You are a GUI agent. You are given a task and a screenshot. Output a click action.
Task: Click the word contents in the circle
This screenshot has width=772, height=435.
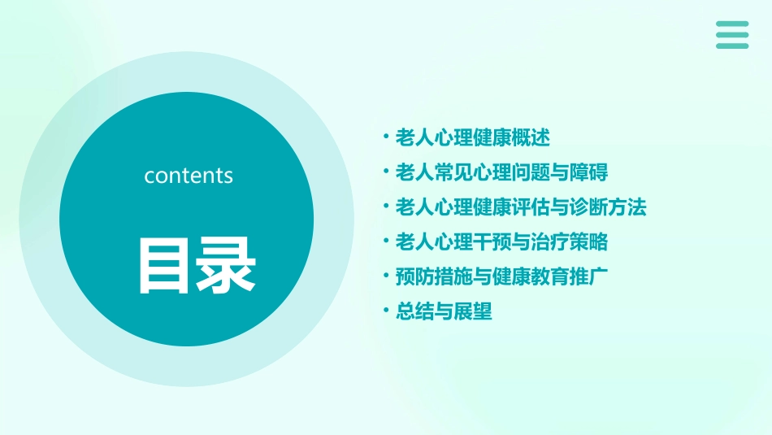(189, 176)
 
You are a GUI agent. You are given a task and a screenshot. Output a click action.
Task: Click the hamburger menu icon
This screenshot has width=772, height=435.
(732, 35)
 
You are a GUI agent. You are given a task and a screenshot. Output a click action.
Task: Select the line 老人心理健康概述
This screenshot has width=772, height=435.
(472, 138)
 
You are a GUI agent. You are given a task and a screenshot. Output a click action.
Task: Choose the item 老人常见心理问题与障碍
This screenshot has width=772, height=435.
(501, 172)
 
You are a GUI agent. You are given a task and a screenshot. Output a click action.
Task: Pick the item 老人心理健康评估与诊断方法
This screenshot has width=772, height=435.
(520, 207)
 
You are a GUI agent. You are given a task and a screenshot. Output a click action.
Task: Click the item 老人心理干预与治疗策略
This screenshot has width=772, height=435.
(501, 242)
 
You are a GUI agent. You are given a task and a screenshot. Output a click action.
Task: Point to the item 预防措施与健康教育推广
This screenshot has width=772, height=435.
(501, 276)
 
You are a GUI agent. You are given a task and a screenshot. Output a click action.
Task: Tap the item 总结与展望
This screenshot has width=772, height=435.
(444, 311)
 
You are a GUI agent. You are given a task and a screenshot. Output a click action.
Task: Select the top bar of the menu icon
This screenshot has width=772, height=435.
(732, 24)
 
